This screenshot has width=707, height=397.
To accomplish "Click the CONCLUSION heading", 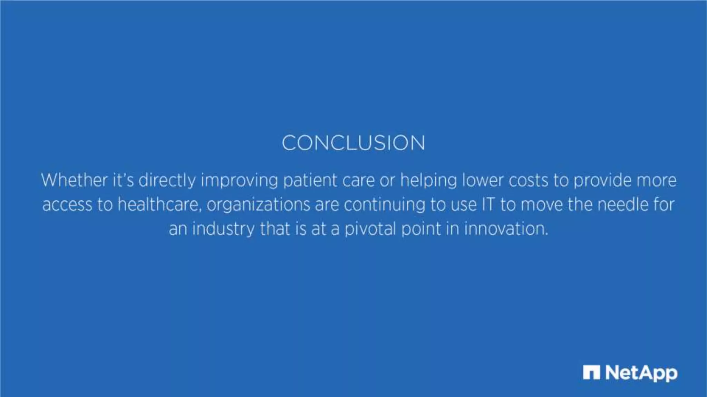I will click(353, 143).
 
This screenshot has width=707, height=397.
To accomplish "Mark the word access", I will click(67, 205).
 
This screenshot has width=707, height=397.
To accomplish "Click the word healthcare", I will click(159, 204).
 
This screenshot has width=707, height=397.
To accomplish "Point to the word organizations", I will click(258, 205).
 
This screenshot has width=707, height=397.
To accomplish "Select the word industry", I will click(223, 229).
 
